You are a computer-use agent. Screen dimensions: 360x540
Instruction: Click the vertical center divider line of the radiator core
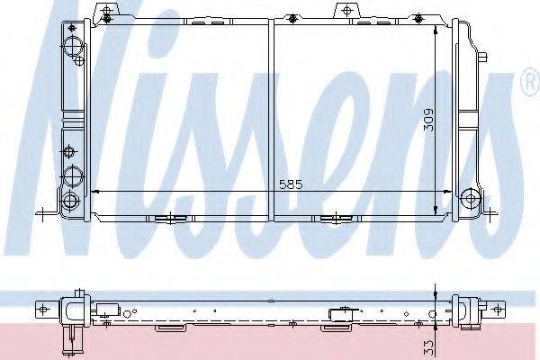tap(271, 117)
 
